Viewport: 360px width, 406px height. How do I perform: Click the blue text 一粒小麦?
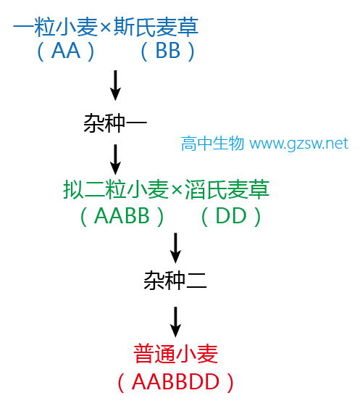pyautogui.click(x=56, y=27)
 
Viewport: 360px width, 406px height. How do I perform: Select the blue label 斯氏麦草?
pyautogui.click(x=156, y=27)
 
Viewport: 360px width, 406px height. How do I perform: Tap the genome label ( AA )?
pyautogui.click(x=66, y=51)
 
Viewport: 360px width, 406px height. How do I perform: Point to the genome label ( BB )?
pyautogui.click(x=167, y=51)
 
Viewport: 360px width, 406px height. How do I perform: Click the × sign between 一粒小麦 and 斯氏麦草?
pyautogui.click(x=106, y=28)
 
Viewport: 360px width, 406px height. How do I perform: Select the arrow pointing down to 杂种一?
pyautogui.click(x=115, y=86)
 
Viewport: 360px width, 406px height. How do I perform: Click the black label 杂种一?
pyautogui.click(x=115, y=123)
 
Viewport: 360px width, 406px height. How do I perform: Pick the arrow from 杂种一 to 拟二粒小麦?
pyautogui.click(x=115, y=159)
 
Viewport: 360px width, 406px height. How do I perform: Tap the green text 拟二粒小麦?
pyautogui.click(x=116, y=189)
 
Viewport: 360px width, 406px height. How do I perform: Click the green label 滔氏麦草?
pyautogui.click(x=227, y=189)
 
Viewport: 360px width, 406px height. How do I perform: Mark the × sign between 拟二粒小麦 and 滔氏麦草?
pyautogui.click(x=177, y=190)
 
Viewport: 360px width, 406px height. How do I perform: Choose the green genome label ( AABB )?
pyautogui.click(x=122, y=216)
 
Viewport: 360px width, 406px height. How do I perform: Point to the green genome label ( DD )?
pyautogui.click(x=231, y=216)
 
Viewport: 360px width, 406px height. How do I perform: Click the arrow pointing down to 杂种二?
pyautogui.click(x=175, y=248)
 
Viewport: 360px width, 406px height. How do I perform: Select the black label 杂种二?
pyautogui.click(x=175, y=281)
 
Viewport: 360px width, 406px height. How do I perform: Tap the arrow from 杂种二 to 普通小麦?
pyautogui.click(x=175, y=322)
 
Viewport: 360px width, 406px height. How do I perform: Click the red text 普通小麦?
pyautogui.click(x=175, y=354)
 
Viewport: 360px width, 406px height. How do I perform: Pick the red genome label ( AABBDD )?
pyautogui.click(x=175, y=382)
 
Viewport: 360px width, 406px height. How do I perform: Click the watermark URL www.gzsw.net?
pyautogui.click(x=299, y=144)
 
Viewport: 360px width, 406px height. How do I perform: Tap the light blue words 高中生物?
pyautogui.click(x=212, y=144)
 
